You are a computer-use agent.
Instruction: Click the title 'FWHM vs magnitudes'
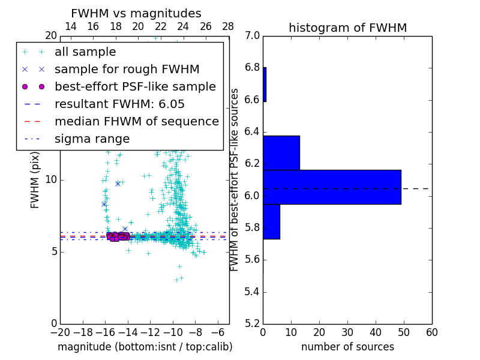pos(136,14)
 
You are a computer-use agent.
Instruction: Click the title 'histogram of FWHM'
pos(347,28)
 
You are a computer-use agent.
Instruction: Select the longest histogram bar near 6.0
pos(332,187)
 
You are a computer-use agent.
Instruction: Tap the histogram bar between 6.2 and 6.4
pos(281,153)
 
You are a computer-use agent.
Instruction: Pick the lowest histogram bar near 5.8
pos(271,221)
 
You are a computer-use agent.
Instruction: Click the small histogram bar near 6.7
pos(265,85)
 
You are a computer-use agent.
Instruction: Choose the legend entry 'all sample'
pos(85,52)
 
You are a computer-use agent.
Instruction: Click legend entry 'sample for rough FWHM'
pos(127,69)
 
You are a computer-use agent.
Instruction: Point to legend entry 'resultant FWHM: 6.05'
pos(119,104)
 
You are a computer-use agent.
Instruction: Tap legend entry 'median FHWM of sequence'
pos(136,121)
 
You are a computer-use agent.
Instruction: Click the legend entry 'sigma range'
pos(92,139)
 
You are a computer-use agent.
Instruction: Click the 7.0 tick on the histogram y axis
pos(253,35)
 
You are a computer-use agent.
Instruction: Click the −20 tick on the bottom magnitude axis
pos(59,332)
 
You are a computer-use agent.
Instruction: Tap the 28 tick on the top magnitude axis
pos(228,27)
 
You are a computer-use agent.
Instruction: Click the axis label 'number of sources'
pos(347,347)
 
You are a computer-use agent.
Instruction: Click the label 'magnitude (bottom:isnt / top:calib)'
pos(145,347)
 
